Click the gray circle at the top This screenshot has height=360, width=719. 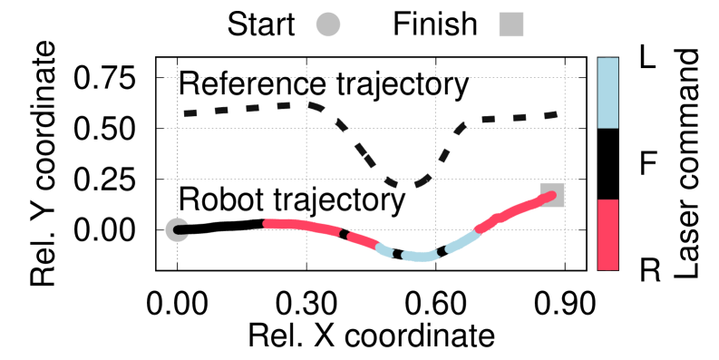click(328, 24)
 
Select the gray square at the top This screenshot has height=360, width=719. click(511, 24)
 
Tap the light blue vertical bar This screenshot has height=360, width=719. click(607, 92)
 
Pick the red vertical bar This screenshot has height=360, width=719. click(607, 234)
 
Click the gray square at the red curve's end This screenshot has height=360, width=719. click(553, 194)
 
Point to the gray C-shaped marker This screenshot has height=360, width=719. click(176, 229)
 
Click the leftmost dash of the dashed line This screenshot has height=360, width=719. click(190, 113)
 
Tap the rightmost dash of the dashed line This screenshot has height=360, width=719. click(549, 115)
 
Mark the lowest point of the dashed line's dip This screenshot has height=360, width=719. click(405, 186)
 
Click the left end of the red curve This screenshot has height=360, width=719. click(267, 223)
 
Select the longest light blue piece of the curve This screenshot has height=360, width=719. click(420, 257)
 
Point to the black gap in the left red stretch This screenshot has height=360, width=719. click(344, 233)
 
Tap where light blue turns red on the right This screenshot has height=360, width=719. click(477, 231)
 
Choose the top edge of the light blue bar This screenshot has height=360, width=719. click(607, 59)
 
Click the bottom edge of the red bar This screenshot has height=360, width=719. click(607, 268)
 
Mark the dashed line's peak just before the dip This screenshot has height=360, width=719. click(308, 105)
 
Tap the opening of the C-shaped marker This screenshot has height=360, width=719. click(185, 229)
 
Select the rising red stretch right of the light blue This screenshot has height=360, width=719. click(513, 211)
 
